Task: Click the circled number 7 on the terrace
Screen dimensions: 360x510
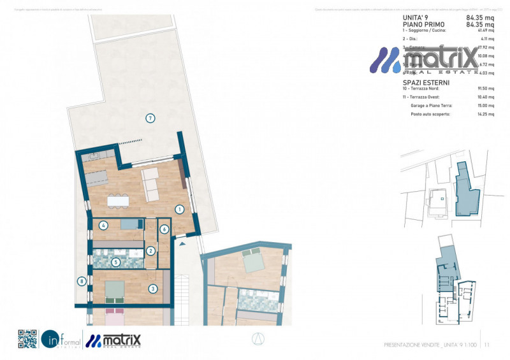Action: [150, 118]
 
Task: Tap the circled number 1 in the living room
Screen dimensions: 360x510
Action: [180, 209]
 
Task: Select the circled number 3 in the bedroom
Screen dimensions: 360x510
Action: [153, 289]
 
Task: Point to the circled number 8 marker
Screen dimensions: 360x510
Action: [81, 281]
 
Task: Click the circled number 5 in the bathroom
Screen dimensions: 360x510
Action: [115, 261]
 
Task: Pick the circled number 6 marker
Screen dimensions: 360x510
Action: [164, 229]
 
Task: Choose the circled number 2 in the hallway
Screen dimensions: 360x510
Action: [151, 251]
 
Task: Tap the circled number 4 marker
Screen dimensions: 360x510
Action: [103, 225]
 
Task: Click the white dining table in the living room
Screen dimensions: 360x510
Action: [119, 201]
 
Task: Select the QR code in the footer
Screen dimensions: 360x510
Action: [27, 339]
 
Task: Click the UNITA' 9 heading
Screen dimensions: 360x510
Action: [416, 18]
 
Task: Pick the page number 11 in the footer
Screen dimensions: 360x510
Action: [486, 345]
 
